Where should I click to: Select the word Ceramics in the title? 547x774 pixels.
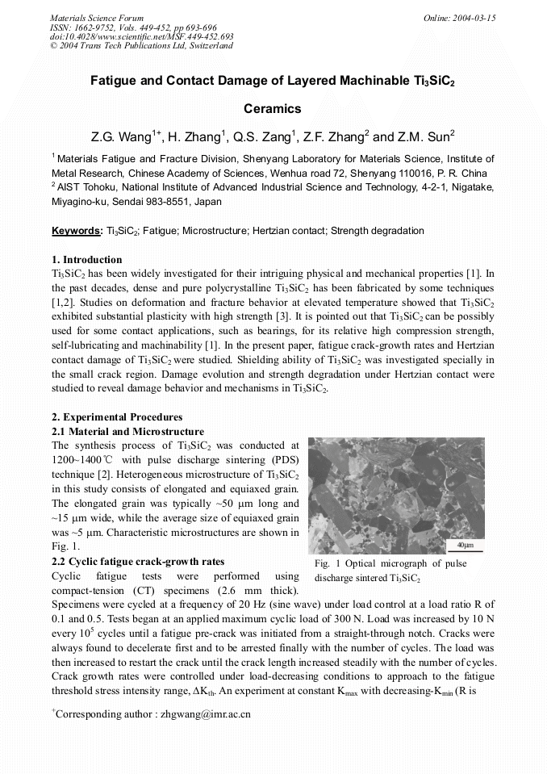273,109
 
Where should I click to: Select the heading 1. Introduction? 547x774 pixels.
87,260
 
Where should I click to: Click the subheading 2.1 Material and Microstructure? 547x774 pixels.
127,432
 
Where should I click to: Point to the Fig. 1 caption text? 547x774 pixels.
390,571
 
